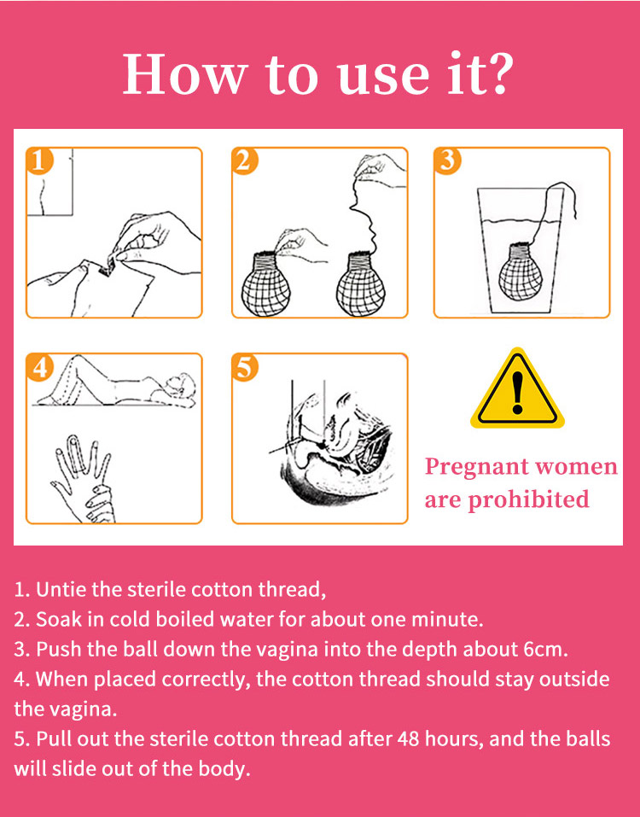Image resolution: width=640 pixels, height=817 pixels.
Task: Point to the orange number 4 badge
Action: pos(39,367)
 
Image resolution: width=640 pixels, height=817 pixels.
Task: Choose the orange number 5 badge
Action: pos(245,367)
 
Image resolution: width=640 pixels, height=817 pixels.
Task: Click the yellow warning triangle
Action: pos(517,390)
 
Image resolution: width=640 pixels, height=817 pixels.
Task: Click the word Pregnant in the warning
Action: pos(475,467)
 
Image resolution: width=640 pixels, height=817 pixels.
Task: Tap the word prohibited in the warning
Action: pos(528,499)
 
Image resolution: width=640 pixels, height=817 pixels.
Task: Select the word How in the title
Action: pos(183,73)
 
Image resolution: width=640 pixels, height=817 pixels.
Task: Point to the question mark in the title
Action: pos(497,73)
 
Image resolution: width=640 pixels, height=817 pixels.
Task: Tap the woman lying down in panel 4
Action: pos(115,382)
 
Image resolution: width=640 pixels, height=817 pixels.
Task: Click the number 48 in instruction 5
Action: pos(408,738)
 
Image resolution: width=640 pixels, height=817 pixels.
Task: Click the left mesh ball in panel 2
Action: pos(265,284)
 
